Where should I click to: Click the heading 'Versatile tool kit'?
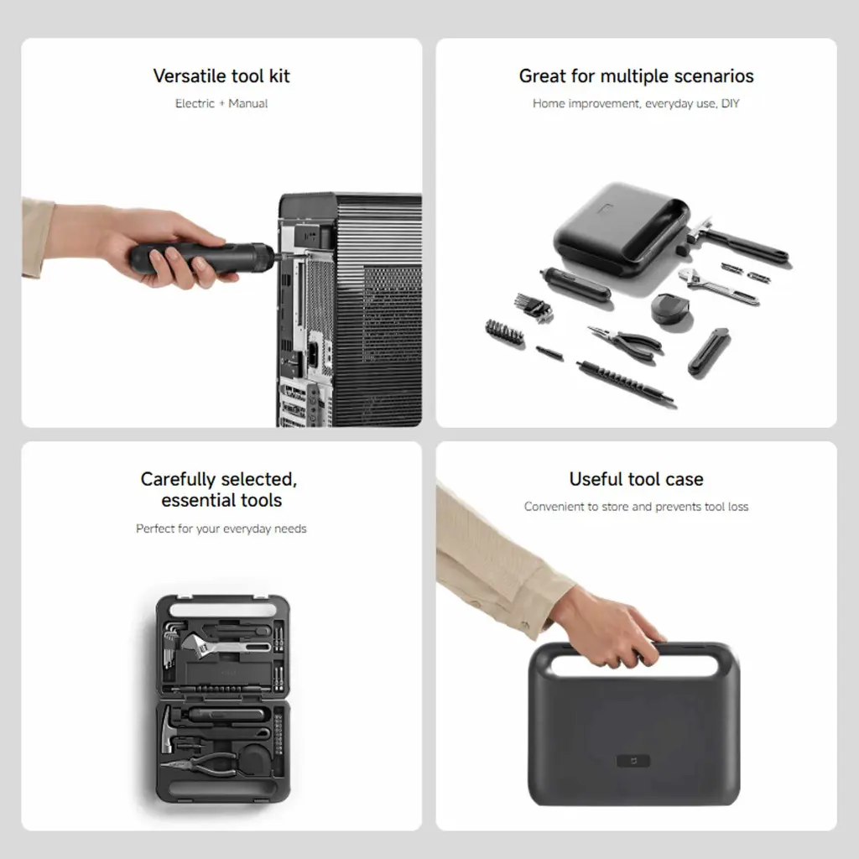tap(221, 75)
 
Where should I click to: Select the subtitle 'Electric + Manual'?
tap(221, 103)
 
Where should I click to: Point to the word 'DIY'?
tap(731, 103)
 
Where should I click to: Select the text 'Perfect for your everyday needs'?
tap(221, 528)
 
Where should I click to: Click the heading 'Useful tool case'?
tap(636, 479)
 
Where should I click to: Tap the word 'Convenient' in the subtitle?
tap(554, 507)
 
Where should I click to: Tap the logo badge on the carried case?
tap(634, 761)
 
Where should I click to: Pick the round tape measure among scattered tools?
tap(671, 310)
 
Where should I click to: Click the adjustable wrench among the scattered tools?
tap(719, 286)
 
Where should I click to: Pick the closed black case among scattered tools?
tap(622, 228)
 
